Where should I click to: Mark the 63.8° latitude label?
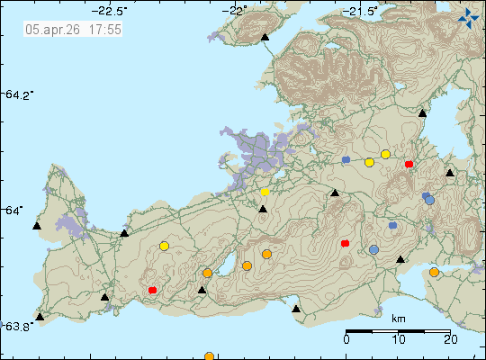tap(20, 325)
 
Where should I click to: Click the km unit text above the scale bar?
tap(399, 319)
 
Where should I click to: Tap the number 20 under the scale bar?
tap(450, 339)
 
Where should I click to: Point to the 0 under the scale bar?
tap(346, 339)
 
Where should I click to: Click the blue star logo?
tap(468, 16)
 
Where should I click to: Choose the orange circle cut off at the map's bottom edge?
tap(209, 356)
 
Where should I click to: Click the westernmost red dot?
tap(153, 290)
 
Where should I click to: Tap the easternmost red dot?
tap(409, 164)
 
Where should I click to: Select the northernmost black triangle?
tap(265, 38)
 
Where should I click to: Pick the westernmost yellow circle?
tap(164, 246)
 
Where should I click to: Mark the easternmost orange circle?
tap(434, 272)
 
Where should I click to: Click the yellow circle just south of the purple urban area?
tap(265, 192)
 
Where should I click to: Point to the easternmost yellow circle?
tap(385, 154)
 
